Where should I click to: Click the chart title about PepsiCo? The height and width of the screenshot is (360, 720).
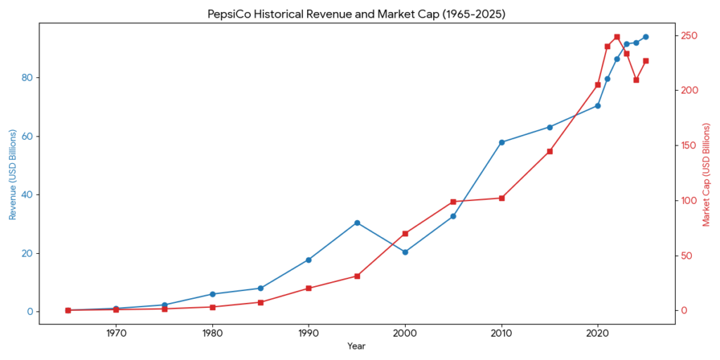coord(356,14)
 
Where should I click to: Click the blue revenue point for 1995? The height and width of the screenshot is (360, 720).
coord(357,223)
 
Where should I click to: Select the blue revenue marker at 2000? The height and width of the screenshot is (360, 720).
coord(405,252)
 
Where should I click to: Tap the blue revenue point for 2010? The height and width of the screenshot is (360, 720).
coord(501,142)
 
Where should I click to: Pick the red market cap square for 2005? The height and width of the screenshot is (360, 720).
coord(454,202)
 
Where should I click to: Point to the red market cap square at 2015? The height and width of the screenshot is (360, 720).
coord(550,151)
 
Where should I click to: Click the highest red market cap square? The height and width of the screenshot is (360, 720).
coord(617,37)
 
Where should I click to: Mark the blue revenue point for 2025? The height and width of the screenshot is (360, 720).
coord(645,37)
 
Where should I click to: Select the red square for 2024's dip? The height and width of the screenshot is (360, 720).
coord(636,79)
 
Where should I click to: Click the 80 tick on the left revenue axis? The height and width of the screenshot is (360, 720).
coord(26,78)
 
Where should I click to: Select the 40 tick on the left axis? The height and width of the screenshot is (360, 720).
coord(26,195)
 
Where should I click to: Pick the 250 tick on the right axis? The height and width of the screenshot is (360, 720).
coord(689,36)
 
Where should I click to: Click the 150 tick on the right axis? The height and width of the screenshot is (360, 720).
coord(689,146)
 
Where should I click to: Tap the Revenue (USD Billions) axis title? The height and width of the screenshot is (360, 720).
coord(12,174)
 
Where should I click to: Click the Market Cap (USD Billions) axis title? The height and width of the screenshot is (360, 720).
coord(707,174)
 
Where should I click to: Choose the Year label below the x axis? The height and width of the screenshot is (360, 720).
coord(356,346)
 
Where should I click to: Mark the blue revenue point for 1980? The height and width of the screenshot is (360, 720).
coord(212,294)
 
